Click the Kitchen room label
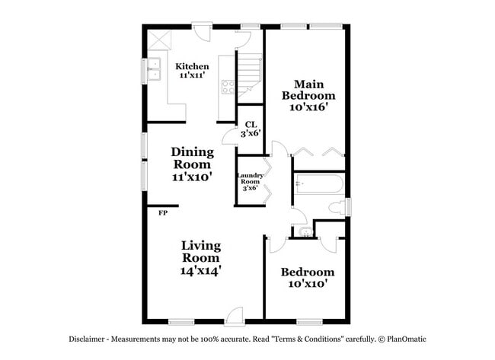(x=192, y=67)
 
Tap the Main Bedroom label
(x=308, y=90)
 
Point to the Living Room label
(x=201, y=251)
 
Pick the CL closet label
(x=251, y=124)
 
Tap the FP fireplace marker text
(x=163, y=213)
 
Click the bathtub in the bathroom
(x=318, y=183)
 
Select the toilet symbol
(x=336, y=207)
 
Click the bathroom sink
(x=303, y=231)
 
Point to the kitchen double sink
(x=155, y=69)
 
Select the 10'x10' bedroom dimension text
(x=307, y=284)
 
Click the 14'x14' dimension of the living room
(x=201, y=270)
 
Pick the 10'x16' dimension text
(x=308, y=107)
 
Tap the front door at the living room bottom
(x=234, y=315)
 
